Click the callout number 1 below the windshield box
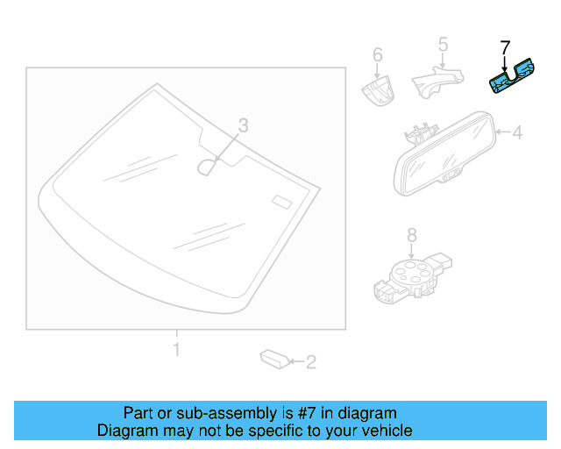pos(176,350)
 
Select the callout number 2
pos(310,360)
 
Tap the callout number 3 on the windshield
pos(244,126)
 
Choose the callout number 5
pos(443,44)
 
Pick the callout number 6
pos(378,55)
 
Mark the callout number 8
pos(411,234)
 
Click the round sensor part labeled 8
pos(408,271)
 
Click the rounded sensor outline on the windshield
pos(208,166)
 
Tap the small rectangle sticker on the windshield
pos(280,201)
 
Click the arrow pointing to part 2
pos(295,360)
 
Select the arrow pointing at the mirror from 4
pos(502,133)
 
